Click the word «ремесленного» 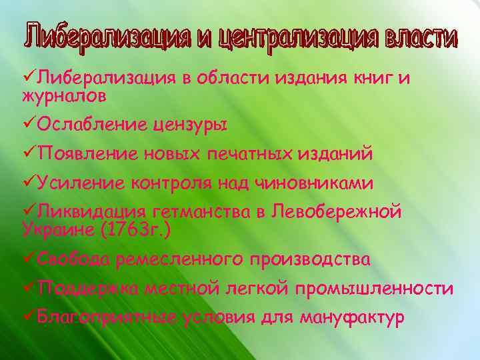[x=181, y=259]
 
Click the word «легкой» [x=257, y=289]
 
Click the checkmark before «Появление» [x=29, y=153]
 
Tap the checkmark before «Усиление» [x=29, y=182]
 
